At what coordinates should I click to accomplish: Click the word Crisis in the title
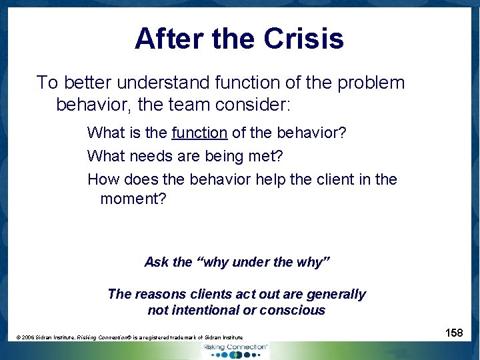303,39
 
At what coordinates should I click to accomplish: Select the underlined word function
199,133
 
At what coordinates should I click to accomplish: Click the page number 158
453,333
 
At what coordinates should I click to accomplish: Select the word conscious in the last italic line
295,310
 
